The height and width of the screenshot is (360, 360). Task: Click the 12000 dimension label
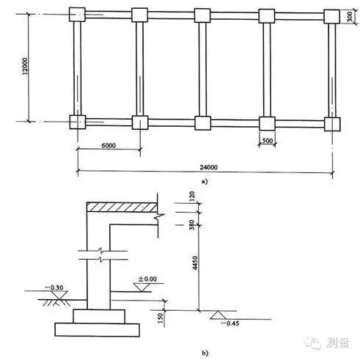[x=25, y=66]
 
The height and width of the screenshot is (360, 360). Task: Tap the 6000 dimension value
[x=109, y=145]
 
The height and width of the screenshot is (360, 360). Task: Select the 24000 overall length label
[x=208, y=167]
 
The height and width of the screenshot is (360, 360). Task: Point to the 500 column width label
[x=267, y=141]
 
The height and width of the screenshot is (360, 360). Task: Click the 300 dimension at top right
[x=350, y=17]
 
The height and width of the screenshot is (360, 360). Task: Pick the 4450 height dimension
[x=195, y=262]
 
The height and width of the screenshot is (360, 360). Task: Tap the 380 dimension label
[x=192, y=225]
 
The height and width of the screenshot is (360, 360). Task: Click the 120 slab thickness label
[x=192, y=196]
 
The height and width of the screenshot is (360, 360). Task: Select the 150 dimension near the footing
[x=160, y=318]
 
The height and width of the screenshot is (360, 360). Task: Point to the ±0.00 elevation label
[x=147, y=279]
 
